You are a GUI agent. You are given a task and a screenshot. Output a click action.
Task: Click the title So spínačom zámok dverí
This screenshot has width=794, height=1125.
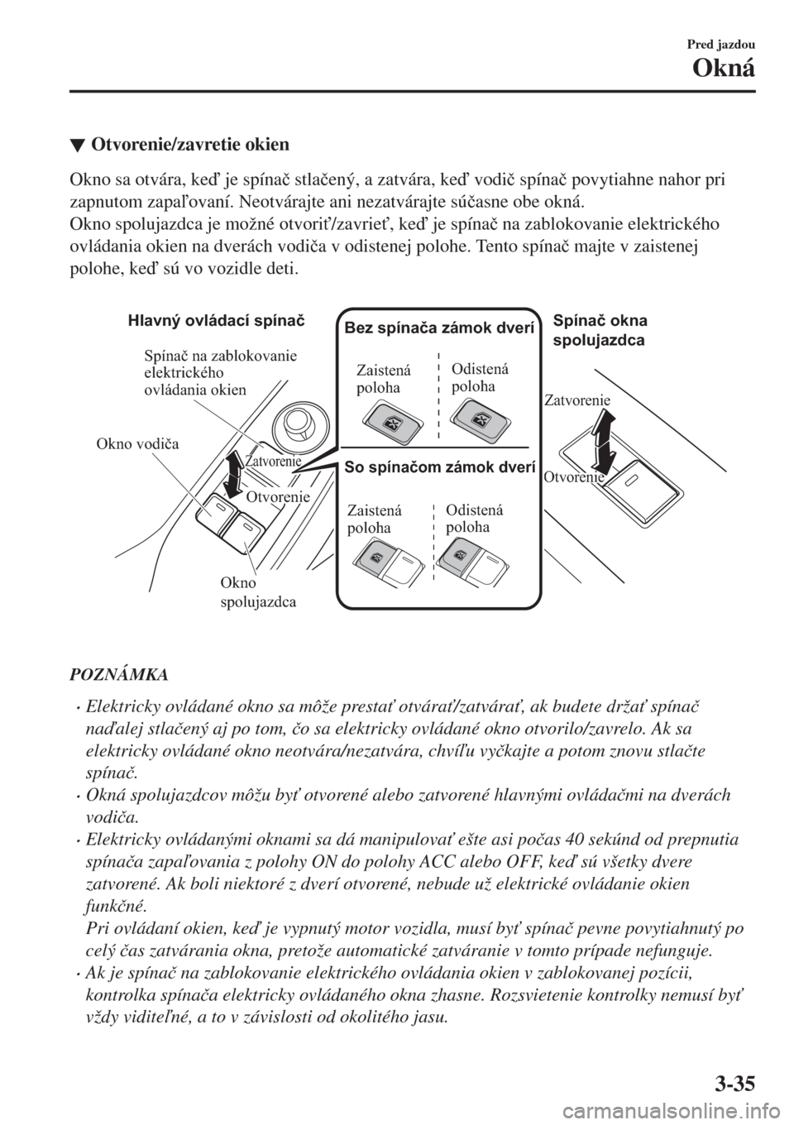tap(439, 467)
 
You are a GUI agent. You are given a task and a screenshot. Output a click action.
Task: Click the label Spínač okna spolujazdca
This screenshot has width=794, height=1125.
tap(600, 330)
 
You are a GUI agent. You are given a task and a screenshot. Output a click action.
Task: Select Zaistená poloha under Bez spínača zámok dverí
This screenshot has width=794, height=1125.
tap(383, 379)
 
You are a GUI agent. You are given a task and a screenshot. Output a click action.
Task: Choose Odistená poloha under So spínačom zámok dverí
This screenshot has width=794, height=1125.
tap(474, 519)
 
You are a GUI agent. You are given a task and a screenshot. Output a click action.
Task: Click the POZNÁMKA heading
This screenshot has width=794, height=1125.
tap(116, 675)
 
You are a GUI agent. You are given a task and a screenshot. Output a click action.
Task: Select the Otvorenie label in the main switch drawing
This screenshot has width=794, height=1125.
tap(278, 497)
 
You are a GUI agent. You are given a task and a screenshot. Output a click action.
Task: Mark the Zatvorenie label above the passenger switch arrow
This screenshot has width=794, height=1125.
tap(577, 400)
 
